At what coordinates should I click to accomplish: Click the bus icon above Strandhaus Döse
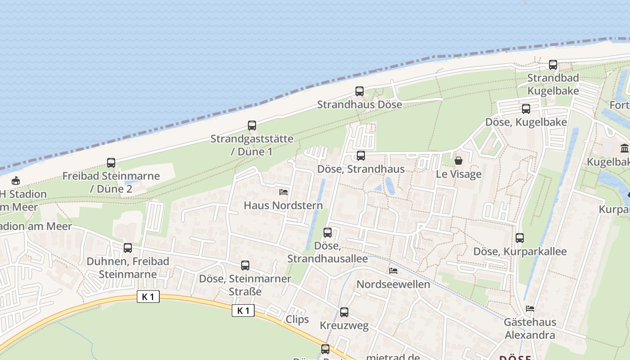coord(359,91)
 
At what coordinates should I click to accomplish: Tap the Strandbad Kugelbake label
coord(553,84)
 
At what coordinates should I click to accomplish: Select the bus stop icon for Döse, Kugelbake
coord(526,109)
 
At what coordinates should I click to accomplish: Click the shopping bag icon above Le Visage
coord(459,161)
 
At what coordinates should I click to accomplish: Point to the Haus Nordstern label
coord(283,206)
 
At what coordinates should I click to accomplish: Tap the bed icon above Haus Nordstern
coord(283,192)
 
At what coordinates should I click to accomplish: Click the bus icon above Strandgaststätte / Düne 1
coord(252,126)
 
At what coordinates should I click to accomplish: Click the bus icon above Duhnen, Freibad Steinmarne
coord(128,248)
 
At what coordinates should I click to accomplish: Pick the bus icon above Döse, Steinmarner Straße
coord(245,265)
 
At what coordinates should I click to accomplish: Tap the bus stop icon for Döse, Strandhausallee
coord(328,233)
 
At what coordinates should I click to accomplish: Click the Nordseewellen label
coord(393,284)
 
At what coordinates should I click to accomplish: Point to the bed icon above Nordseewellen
coord(393,271)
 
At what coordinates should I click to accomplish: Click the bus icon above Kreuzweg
coord(344,312)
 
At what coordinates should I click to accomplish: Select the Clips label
coord(297,319)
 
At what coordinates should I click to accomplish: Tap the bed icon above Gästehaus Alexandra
coord(530,309)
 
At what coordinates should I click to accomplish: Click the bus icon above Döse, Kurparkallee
coord(520,238)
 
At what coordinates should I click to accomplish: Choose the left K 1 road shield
coord(148,297)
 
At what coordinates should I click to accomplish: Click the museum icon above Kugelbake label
coord(625,148)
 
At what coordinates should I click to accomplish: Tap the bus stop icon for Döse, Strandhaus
coord(361,156)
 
